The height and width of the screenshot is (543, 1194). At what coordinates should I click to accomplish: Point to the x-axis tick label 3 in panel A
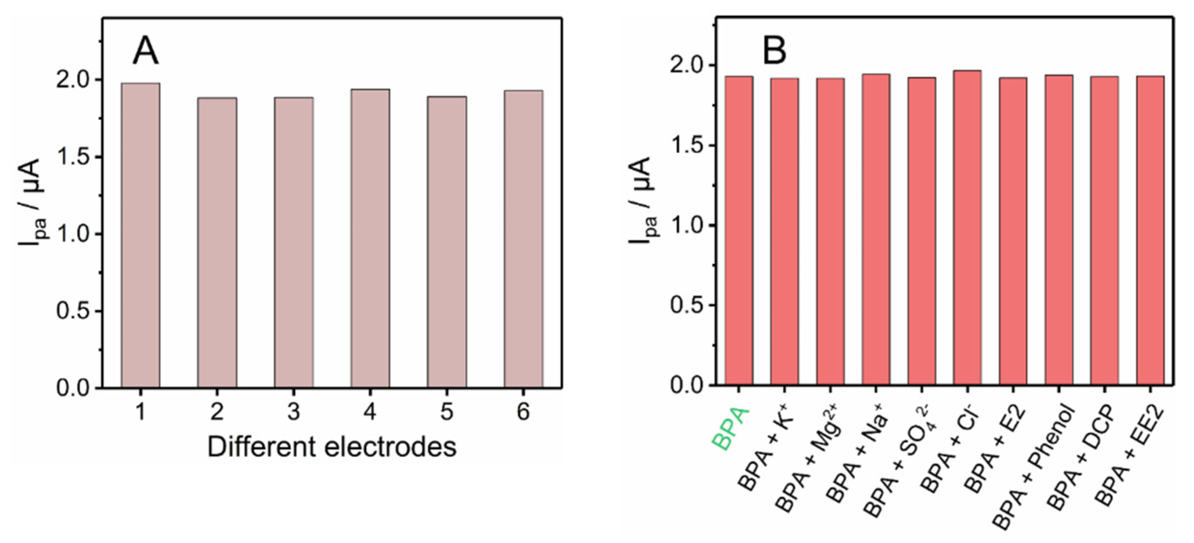(293, 411)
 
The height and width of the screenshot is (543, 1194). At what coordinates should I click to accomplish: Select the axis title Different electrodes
(332, 447)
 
